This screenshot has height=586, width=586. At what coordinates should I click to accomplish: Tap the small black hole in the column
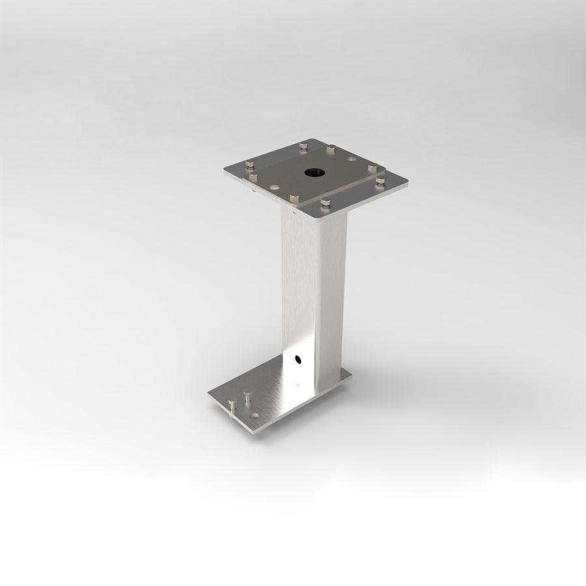(x=298, y=358)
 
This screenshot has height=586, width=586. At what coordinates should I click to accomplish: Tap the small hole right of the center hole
(x=352, y=158)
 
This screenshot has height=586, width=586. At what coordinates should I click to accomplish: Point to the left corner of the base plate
(x=208, y=393)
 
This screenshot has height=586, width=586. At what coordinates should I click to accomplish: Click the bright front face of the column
(x=300, y=293)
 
